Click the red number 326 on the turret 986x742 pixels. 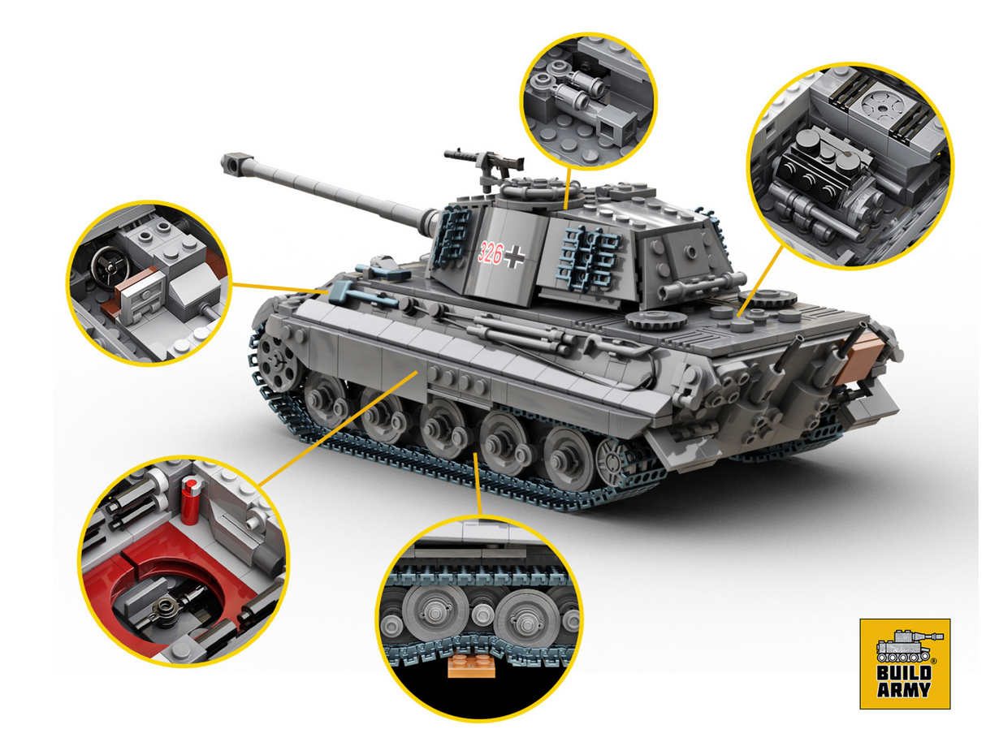point(491,252)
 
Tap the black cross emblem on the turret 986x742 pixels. point(513,257)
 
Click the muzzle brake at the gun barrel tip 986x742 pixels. point(236,163)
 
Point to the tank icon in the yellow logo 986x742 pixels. point(903,645)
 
